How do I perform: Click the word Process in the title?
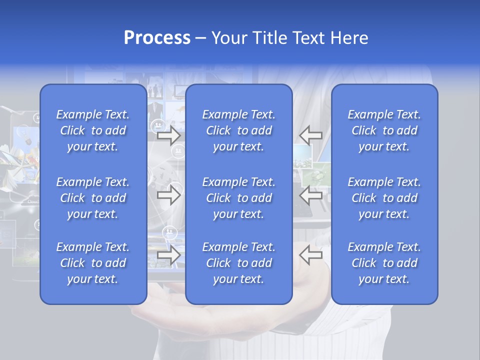[x=157, y=38]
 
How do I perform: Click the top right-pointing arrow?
[x=168, y=135]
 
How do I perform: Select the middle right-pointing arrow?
[x=168, y=194]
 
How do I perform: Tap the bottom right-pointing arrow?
[x=168, y=255]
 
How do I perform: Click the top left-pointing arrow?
[x=310, y=135]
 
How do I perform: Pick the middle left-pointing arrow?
[x=310, y=194]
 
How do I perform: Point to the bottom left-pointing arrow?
[x=310, y=255]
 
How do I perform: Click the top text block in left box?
[x=93, y=130]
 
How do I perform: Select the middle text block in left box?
[x=93, y=198]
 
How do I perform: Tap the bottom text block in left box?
[x=93, y=263]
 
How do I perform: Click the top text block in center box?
[x=238, y=130]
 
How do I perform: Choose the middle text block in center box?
[x=238, y=198]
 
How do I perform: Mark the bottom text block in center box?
[x=238, y=263]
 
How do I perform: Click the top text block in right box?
[x=384, y=130]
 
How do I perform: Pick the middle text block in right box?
[x=384, y=198]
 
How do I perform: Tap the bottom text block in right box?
[x=384, y=263]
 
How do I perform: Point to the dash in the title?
[x=201, y=38]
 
